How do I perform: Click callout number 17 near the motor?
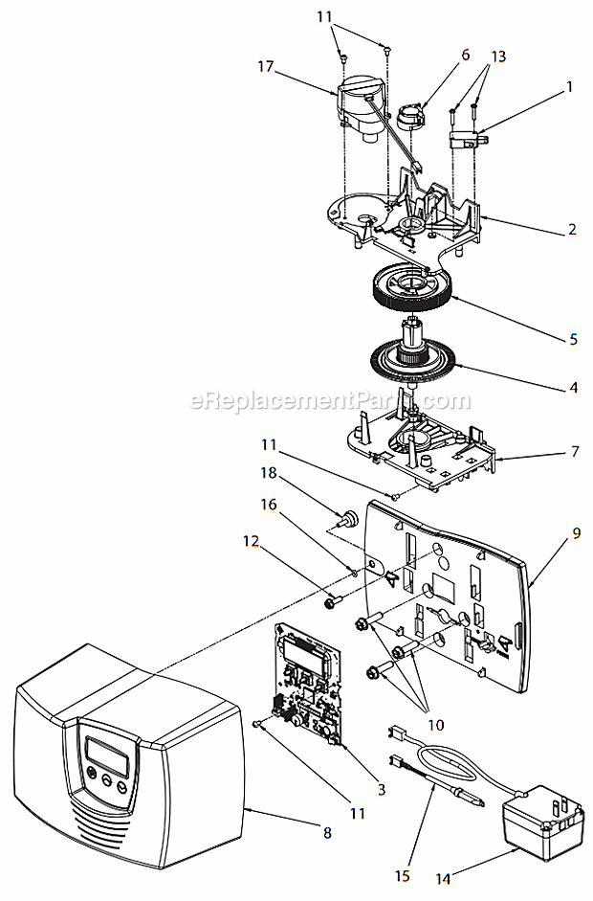(266, 67)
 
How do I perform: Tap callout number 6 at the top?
(465, 55)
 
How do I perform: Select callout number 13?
(498, 56)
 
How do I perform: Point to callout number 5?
(573, 339)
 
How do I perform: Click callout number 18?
(269, 473)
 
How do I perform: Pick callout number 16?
(269, 505)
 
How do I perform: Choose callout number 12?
(251, 541)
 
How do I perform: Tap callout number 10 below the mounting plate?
(436, 725)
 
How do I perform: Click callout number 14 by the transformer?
(443, 878)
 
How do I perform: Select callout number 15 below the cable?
(403, 875)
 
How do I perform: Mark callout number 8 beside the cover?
(327, 832)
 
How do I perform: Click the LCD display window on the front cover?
(107, 756)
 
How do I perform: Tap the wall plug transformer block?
(535, 822)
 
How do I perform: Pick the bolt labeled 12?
(334, 602)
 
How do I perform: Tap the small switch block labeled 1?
(468, 138)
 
